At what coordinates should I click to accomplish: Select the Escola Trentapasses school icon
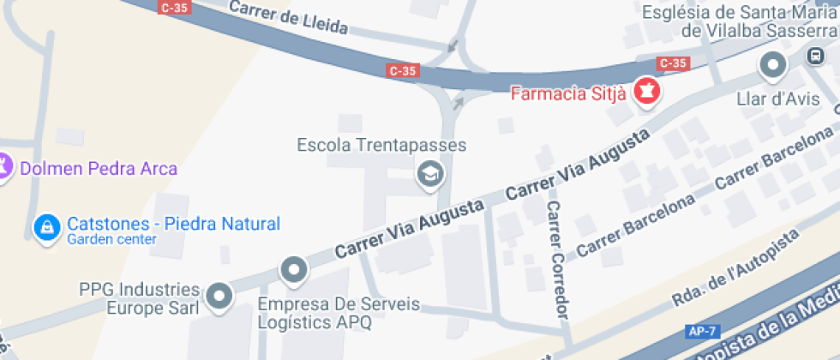pos(429,174)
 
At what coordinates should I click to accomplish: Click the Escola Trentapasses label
pos(381,145)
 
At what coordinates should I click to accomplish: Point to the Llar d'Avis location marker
pos(773,65)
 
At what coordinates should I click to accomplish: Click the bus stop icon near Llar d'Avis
pos(814,57)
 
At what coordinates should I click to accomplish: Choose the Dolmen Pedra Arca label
pos(98,168)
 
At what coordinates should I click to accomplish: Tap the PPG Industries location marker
pos(220,296)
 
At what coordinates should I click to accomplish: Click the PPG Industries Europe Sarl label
pos(139,298)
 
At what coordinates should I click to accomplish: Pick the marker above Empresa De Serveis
pos(294,270)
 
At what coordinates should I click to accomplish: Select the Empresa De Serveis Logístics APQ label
pos(339,314)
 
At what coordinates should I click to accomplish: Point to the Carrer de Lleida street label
pos(289,17)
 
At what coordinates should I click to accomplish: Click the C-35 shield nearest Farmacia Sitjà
pos(673,63)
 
